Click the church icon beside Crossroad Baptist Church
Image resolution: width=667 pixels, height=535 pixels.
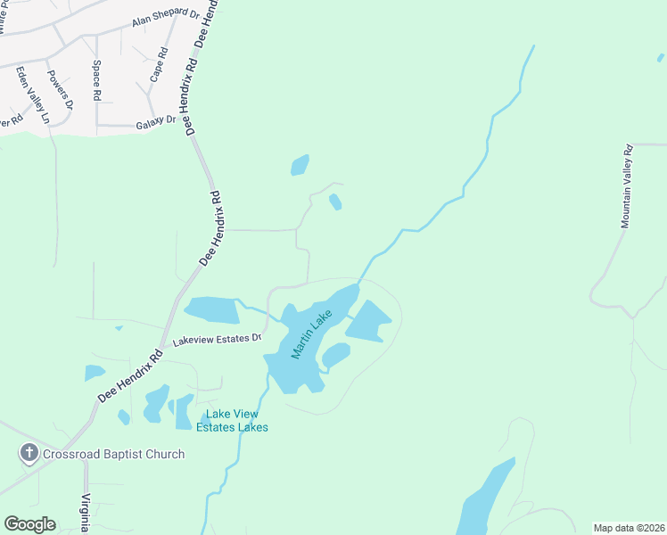coord(29,454)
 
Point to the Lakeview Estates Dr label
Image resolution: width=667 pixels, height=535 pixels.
coord(217,340)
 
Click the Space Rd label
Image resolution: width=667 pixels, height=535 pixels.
coord(97,79)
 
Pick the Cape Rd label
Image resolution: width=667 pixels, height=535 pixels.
coord(158,66)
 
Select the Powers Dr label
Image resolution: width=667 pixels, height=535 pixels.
coord(61,90)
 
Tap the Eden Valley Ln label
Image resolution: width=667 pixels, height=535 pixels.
coord(33,94)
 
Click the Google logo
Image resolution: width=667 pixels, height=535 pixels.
coord(30,524)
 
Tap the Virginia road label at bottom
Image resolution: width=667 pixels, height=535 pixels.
coord(86,513)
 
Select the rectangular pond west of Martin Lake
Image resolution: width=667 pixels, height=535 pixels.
coord(212,309)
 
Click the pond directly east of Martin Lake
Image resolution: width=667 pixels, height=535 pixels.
coord(369,321)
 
